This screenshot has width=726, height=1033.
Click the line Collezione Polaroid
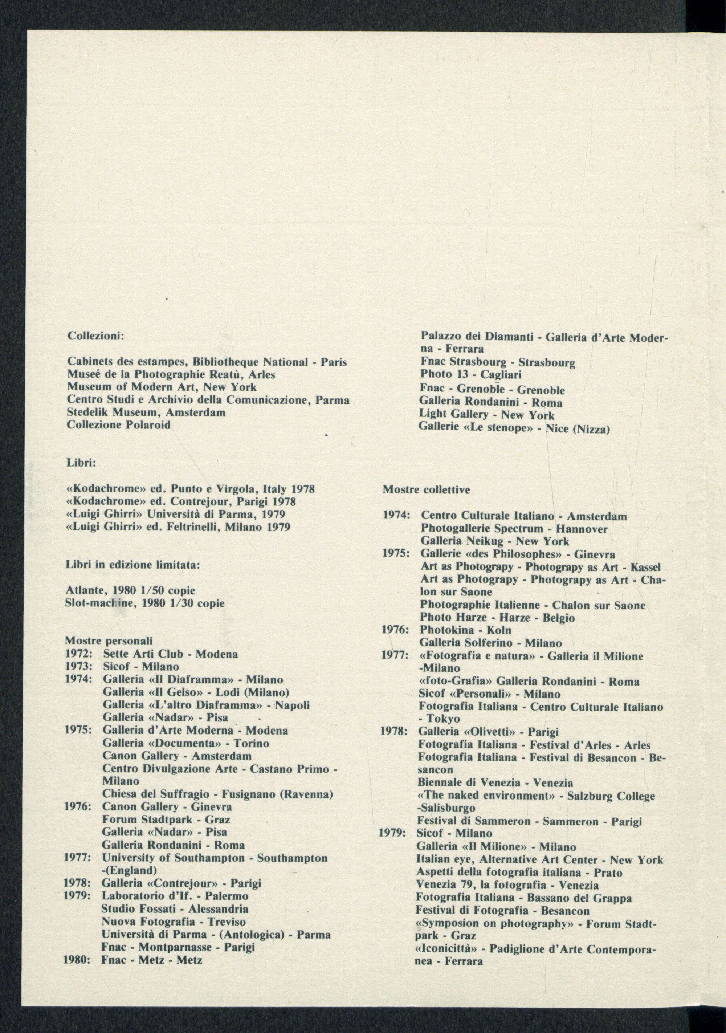coord(118,424)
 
